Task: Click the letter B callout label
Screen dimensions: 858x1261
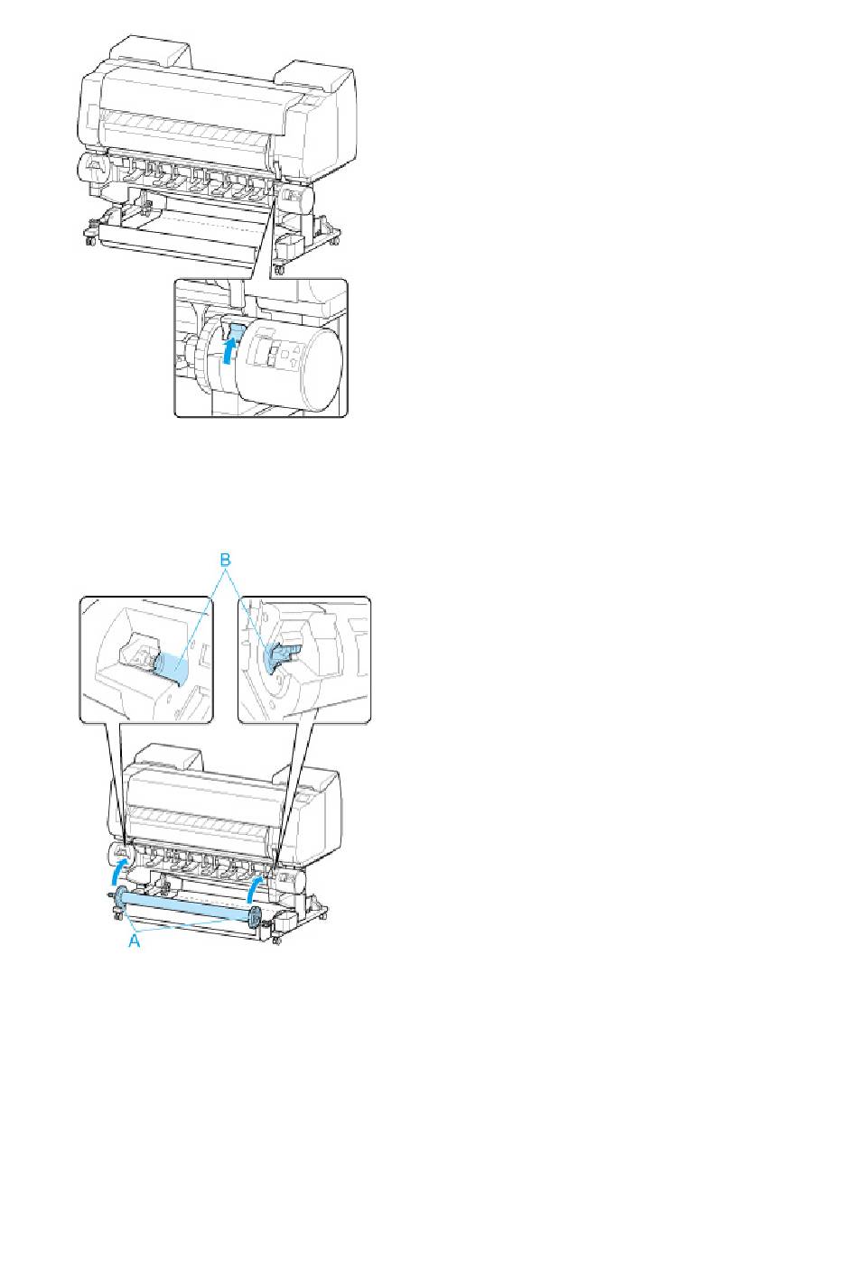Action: (226, 561)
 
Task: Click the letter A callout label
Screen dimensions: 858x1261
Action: (134, 941)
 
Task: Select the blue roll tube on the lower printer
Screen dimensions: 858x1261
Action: (185, 906)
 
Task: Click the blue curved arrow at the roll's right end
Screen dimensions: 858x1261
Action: (256, 888)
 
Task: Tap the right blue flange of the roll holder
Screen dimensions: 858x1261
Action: (254, 917)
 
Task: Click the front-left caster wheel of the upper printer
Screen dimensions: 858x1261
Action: (90, 240)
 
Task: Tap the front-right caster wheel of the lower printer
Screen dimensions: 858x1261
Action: (275, 941)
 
